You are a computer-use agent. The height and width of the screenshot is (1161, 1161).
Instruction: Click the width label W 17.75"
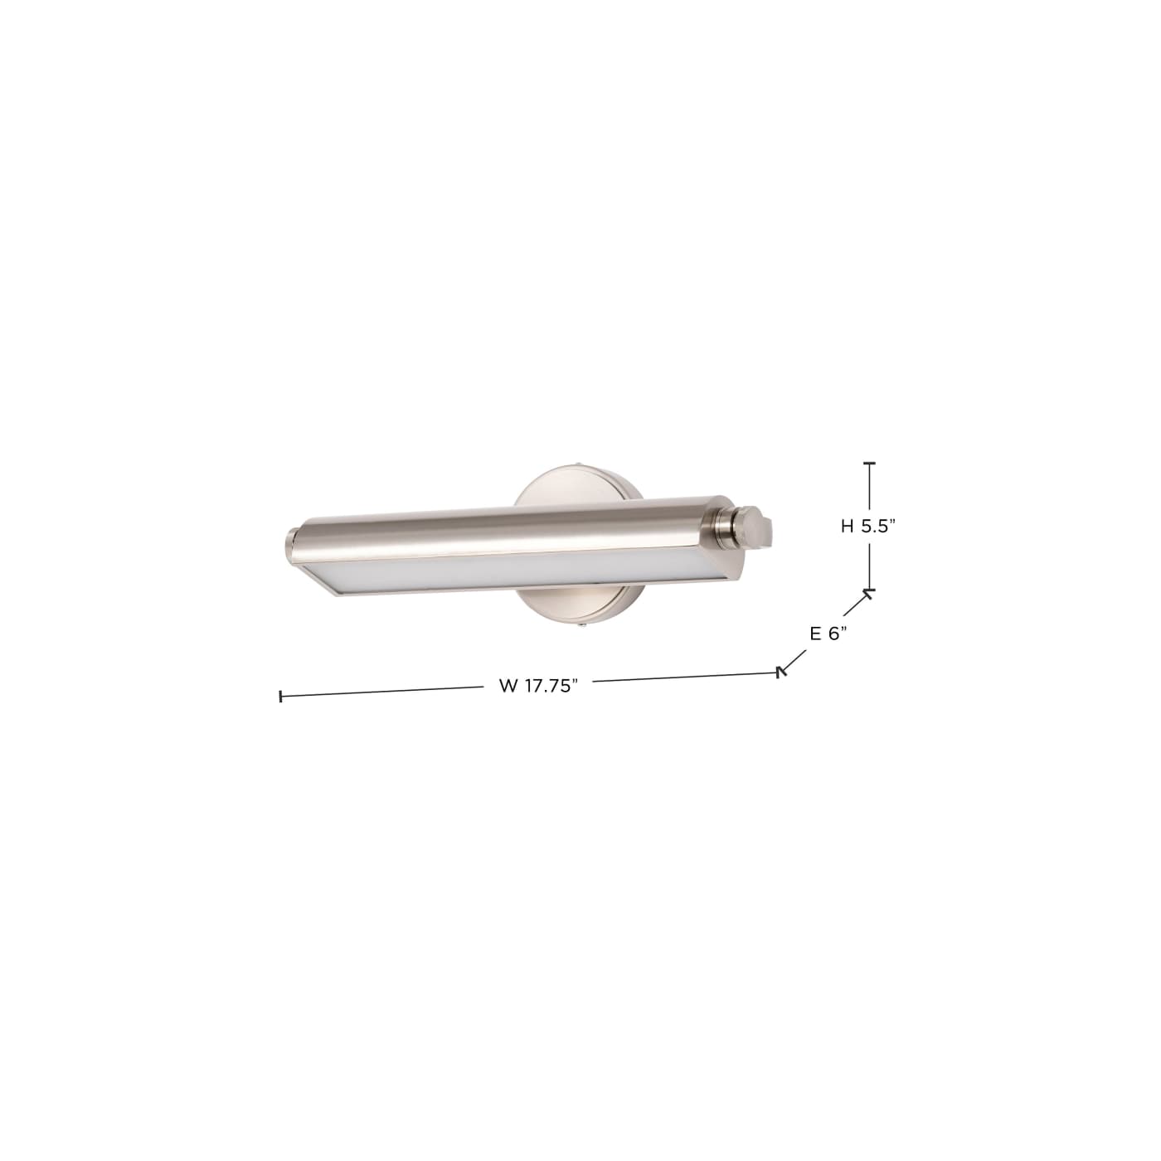(537, 686)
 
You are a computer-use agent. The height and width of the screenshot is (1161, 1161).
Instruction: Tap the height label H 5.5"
(868, 526)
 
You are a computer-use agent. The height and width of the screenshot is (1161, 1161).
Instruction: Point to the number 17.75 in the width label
(550, 686)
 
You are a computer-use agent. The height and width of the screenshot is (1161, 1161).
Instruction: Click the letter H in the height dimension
(847, 526)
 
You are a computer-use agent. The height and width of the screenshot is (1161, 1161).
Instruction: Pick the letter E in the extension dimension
(814, 634)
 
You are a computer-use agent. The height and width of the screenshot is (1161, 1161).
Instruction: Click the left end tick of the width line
(282, 697)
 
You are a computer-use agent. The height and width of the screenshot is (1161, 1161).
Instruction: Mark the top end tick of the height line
(868, 464)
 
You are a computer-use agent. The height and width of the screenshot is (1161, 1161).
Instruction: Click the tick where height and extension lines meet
(868, 591)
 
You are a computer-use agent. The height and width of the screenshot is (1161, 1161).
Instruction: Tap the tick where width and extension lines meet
(780, 672)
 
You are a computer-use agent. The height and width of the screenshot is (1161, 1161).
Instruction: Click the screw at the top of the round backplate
(580, 466)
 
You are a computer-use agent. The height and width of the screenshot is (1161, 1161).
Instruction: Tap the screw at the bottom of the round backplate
(586, 628)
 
